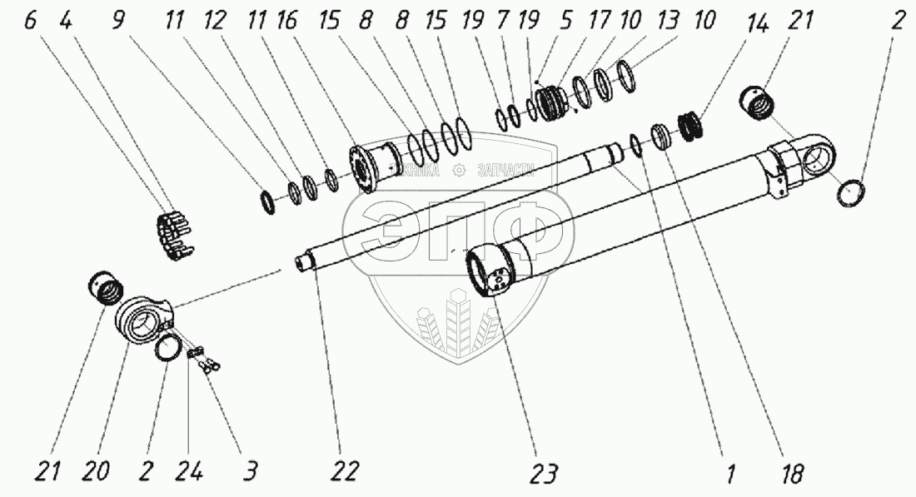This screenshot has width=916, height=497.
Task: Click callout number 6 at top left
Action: pyautogui.click(x=30, y=22)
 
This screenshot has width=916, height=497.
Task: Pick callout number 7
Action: pyautogui.click(x=504, y=22)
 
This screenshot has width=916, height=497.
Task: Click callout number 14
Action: pyautogui.click(x=757, y=22)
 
